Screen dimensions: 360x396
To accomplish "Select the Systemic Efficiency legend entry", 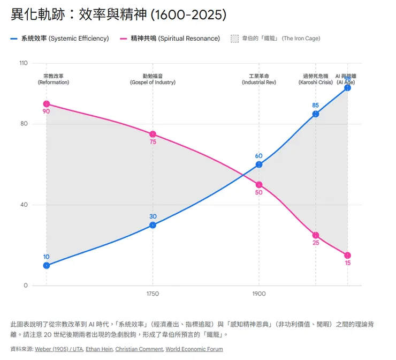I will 59,39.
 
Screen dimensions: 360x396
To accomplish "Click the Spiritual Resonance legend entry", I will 170,39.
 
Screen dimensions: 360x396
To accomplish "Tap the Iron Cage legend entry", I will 275,39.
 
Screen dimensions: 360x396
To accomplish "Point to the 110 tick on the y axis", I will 24,63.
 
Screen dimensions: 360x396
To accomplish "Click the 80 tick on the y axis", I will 24,124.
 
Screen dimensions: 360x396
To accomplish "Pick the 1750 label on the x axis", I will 153,294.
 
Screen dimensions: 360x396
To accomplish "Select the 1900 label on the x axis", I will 259,294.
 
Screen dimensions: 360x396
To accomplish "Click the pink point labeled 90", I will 47,104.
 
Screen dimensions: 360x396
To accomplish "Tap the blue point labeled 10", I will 47,266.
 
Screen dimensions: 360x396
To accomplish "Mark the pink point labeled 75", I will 153,134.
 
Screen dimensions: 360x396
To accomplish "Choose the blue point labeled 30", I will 153,225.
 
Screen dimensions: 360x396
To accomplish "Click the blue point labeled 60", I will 259,164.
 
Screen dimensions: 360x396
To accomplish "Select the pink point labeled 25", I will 316,235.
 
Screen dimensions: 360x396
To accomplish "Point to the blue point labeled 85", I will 316,114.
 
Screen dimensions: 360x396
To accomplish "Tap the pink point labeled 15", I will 348,256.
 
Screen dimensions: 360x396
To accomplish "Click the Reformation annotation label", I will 54,80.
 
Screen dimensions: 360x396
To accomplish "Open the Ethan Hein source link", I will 100,349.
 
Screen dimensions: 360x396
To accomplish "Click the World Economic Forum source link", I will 194,349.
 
